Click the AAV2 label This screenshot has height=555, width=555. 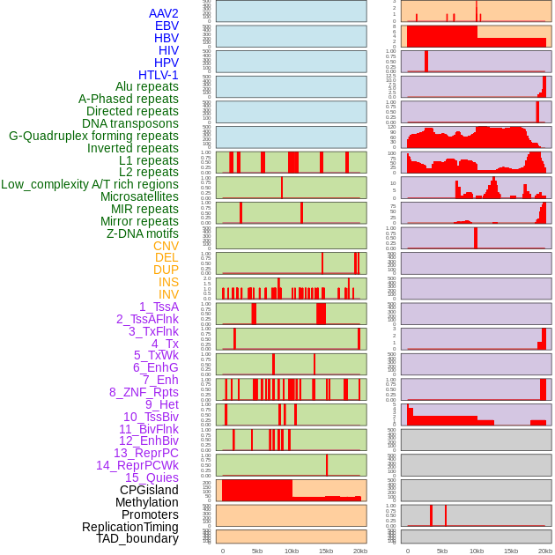[164, 13]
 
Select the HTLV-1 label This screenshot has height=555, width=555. [159, 75]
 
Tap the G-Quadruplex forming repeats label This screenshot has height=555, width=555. [93, 136]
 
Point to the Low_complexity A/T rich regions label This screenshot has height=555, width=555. [90, 184]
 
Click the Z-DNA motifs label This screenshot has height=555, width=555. [143, 233]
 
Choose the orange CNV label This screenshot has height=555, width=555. [166, 246]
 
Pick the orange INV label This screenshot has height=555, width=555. [168, 294]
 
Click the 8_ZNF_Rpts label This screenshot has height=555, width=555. [144, 392]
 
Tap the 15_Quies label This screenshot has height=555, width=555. [152, 477]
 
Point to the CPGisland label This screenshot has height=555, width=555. [149, 490]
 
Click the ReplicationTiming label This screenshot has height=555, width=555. [130, 527]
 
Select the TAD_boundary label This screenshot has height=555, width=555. [137, 538]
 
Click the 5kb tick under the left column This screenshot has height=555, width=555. [257, 551]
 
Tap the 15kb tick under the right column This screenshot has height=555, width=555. [510, 551]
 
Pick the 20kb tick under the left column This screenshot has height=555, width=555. [359, 551]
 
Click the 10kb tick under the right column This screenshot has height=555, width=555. [476, 551]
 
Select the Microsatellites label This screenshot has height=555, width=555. [139, 196]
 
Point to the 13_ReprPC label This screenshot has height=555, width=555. [146, 453]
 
